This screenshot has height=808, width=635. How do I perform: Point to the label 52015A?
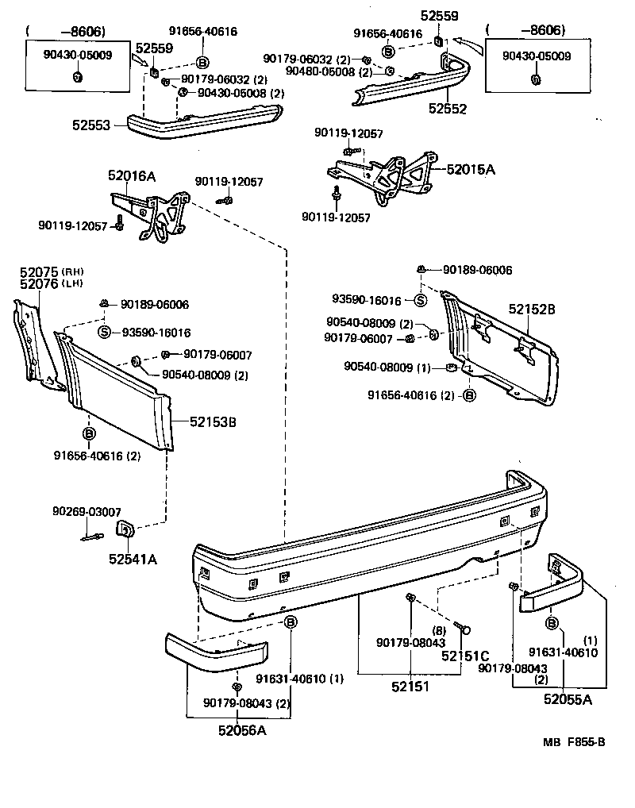click(x=471, y=169)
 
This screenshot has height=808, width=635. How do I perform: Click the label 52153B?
click(x=212, y=421)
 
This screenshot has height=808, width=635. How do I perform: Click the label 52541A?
click(x=133, y=559)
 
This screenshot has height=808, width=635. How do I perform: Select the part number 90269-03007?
click(x=87, y=511)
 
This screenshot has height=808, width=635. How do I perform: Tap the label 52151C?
click(x=465, y=656)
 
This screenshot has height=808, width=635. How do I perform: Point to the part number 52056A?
click(x=238, y=730)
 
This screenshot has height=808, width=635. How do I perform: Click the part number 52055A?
click(x=568, y=698)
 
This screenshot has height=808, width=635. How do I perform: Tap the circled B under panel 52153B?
click(x=88, y=433)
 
